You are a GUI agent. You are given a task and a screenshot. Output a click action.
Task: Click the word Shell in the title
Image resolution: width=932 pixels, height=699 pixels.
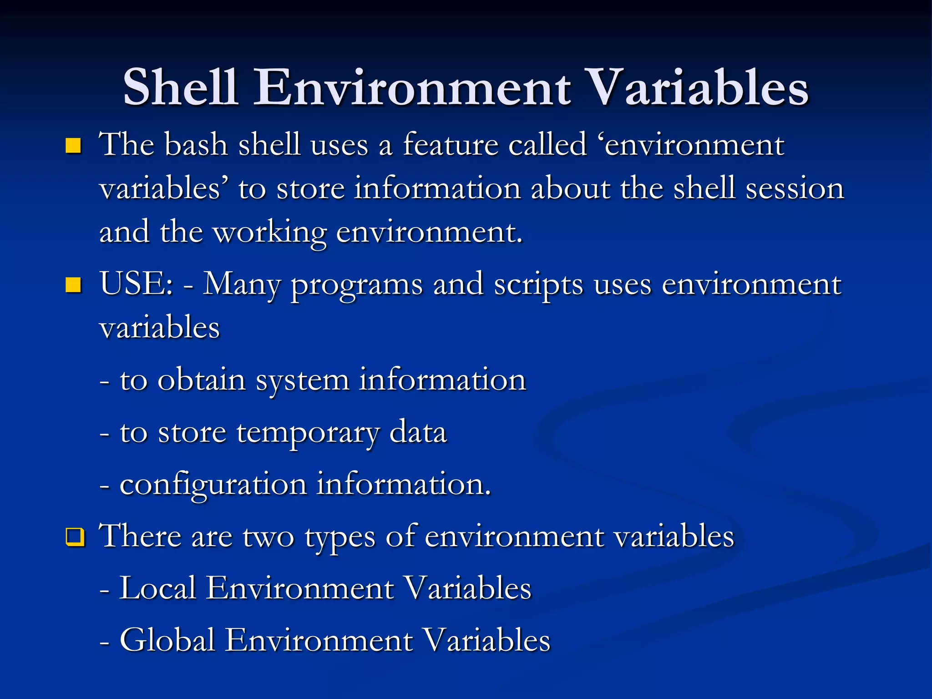180,87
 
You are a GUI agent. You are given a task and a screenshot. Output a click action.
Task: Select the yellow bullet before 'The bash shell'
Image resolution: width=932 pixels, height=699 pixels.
73,146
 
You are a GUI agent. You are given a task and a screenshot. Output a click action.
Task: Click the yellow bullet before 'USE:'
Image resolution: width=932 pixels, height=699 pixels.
73,285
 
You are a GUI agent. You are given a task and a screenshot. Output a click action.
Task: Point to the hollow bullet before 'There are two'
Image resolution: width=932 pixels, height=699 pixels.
75,537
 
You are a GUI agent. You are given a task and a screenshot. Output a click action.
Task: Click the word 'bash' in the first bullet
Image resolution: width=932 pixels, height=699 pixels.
196,145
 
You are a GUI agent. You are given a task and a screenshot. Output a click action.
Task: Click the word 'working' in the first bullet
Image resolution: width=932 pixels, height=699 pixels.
270,233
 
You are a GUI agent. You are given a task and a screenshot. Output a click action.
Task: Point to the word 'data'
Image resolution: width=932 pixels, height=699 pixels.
418,432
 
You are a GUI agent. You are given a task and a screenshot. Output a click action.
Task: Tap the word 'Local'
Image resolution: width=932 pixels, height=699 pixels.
157,588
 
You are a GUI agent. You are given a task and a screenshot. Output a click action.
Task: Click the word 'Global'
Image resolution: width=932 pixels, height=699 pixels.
167,640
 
